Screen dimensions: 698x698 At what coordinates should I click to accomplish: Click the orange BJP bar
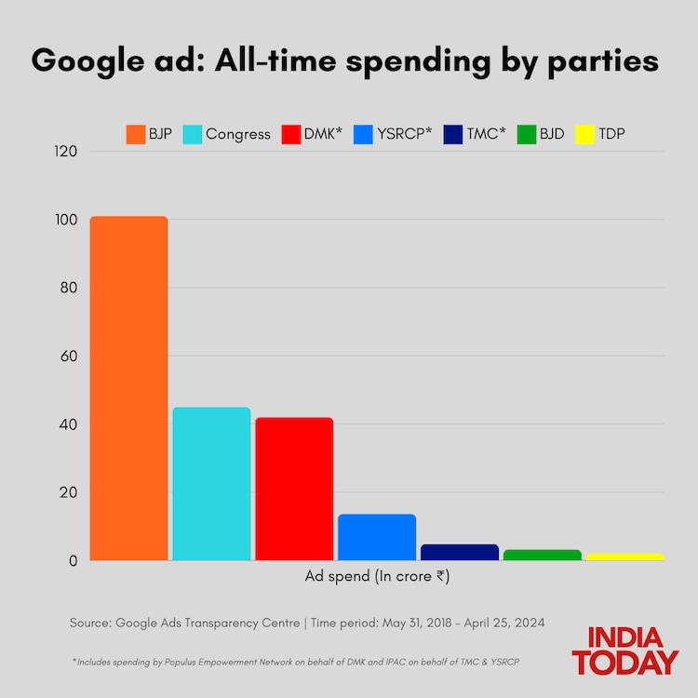(x=128, y=388)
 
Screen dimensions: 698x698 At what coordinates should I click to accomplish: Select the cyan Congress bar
(x=211, y=484)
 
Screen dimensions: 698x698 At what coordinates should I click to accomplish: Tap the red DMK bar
(x=294, y=489)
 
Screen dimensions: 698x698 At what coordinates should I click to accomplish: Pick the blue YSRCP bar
(x=377, y=537)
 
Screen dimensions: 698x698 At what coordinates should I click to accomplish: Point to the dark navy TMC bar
(x=460, y=552)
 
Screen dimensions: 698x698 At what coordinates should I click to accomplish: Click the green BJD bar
(x=542, y=555)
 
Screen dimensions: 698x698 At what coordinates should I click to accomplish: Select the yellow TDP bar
(x=624, y=557)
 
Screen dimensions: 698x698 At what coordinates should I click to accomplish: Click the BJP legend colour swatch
(x=135, y=134)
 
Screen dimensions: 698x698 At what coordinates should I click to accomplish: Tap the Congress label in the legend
(x=237, y=134)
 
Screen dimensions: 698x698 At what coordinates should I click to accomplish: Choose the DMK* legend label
(x=322, y=134)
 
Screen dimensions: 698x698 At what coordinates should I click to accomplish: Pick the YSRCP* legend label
(x=403, y=134)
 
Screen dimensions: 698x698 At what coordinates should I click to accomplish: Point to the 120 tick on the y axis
(x=66, y=152)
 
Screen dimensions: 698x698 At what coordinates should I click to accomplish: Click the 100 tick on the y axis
(x=66, y=220)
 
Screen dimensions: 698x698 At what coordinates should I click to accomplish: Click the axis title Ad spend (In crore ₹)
(x=377, y=576)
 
